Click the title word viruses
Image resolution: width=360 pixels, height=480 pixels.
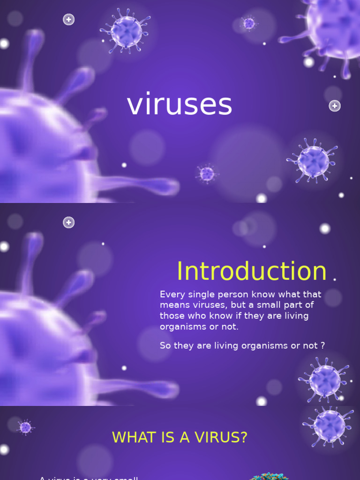180,105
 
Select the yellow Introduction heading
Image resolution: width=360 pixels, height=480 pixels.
251,271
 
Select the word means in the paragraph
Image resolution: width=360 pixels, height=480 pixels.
173,305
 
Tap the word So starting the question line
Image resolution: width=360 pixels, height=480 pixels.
165,345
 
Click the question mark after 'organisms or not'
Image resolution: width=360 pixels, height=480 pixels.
322,345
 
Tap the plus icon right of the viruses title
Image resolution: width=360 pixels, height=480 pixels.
334,106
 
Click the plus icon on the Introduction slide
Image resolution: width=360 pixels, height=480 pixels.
69,223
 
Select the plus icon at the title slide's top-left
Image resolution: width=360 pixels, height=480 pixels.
69,20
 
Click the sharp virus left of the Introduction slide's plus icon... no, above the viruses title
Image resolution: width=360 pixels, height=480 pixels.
126,31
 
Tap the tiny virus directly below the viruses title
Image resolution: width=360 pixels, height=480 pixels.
206,174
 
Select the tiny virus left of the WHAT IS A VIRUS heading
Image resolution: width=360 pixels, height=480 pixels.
25,427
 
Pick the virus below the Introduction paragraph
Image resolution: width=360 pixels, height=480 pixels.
324,379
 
